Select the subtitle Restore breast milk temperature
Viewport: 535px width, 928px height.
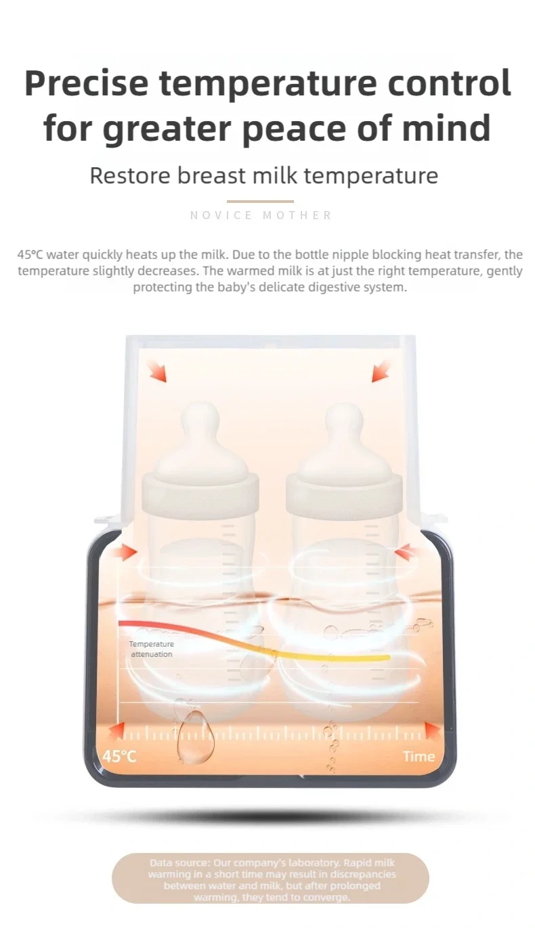pyautogui.click(x=264, y=176)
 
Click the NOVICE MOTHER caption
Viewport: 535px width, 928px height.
pyautogui.click(x=261, y=215)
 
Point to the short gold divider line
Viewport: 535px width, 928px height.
pyautogui.click(x=260, y=201)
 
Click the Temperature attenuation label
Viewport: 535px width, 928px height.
pyautogui.click(x=152, y=649)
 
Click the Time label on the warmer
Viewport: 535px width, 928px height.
pyautogui.click(x=419, y=756)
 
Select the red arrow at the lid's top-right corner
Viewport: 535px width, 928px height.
pyautogui.click(x=381, y=371)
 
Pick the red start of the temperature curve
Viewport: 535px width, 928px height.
pyautogui.click(x=125, y=624)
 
